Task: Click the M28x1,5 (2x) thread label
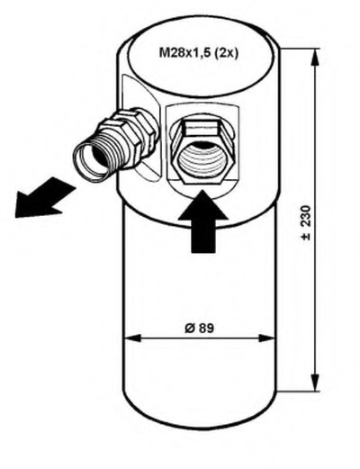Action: click(x=198, y=53)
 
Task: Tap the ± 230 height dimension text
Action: click(x=306, y=222)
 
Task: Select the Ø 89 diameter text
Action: click(x=200, y=329)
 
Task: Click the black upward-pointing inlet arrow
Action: click(x=203, y=222)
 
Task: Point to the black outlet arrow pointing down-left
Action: click(x=45, y=198)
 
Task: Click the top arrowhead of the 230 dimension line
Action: click(x=315, y=57)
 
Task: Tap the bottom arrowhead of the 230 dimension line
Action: click(x=315, y=383)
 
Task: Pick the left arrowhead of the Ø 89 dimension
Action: click(x=132, y=338)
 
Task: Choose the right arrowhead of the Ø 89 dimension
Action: click(x=266, y=338)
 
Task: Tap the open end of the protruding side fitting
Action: click(x=93, y=161)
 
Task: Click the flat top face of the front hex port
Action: click(x=201, y=127)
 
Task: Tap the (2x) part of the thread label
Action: click(x=226, y=54)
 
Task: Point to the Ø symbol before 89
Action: click(x=189, y=329)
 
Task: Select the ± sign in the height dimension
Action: click(x=306, y=237)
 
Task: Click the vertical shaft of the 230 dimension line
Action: click(x=315, y=220)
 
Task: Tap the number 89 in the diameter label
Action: click(x=206, y=329)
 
